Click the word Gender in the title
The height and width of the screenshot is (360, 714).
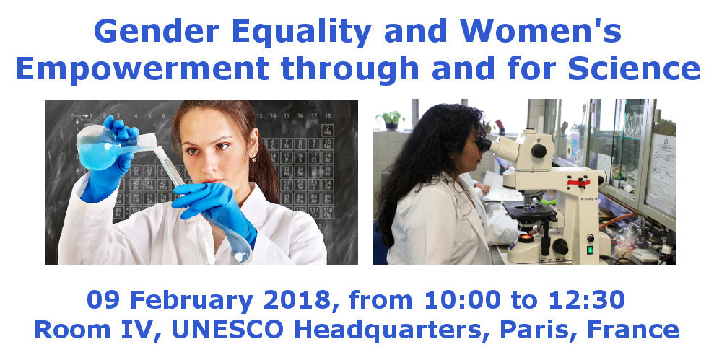coord(156,32)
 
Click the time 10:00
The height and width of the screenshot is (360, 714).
coord(462,300)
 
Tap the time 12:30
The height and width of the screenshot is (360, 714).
coord(586,300)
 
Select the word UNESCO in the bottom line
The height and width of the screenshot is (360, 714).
coord(227,330)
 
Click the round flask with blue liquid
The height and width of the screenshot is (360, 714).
coord(98,147)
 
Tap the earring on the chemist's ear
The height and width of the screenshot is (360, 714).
coord(253,159)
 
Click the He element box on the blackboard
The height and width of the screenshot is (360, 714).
coord(328,130)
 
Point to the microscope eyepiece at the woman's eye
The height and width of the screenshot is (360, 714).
coord(484,145)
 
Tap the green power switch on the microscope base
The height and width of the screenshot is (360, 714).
coord(590,250)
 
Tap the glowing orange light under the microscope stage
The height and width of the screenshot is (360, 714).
coord(526,238)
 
